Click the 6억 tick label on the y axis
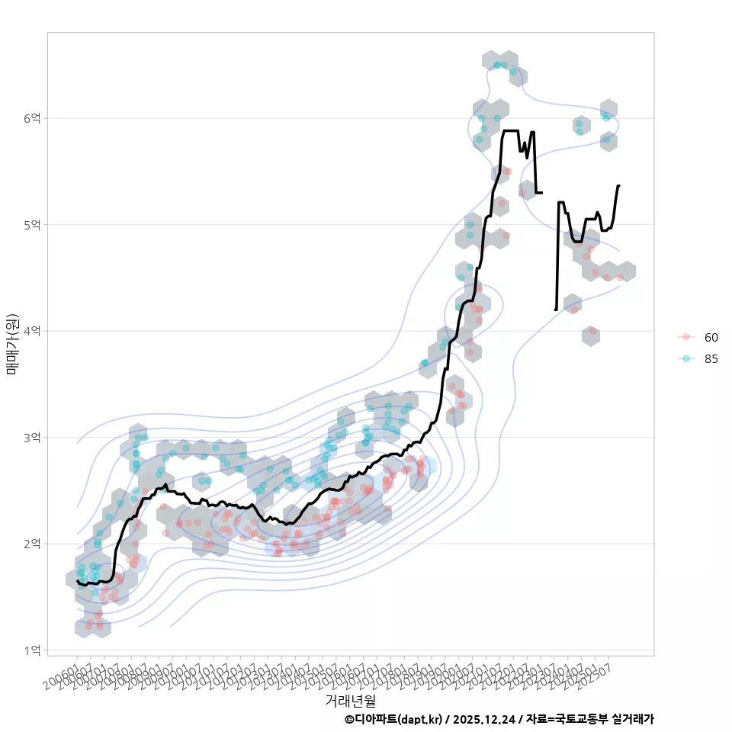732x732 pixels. click(x=34, y=118)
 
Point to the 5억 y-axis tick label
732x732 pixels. click(x=34, y=225)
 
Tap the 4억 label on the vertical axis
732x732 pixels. click(x=34, y=331)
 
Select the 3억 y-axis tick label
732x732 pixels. click(x=34, y=438)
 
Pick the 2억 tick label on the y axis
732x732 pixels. click(x=34, y=544)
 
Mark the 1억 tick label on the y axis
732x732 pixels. click(x=34, y=650)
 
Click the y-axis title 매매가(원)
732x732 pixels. click(x=11, y=343)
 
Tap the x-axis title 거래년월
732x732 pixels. click(x=350, y=700)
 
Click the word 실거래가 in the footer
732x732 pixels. click(x=634, y=719)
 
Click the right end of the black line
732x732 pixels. click(x=619, y=185)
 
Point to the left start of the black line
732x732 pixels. click(x=77, y=581)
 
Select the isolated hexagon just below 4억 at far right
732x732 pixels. click(x=589, y=335)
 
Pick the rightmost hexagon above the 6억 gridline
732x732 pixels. click(x=608, y=109)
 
